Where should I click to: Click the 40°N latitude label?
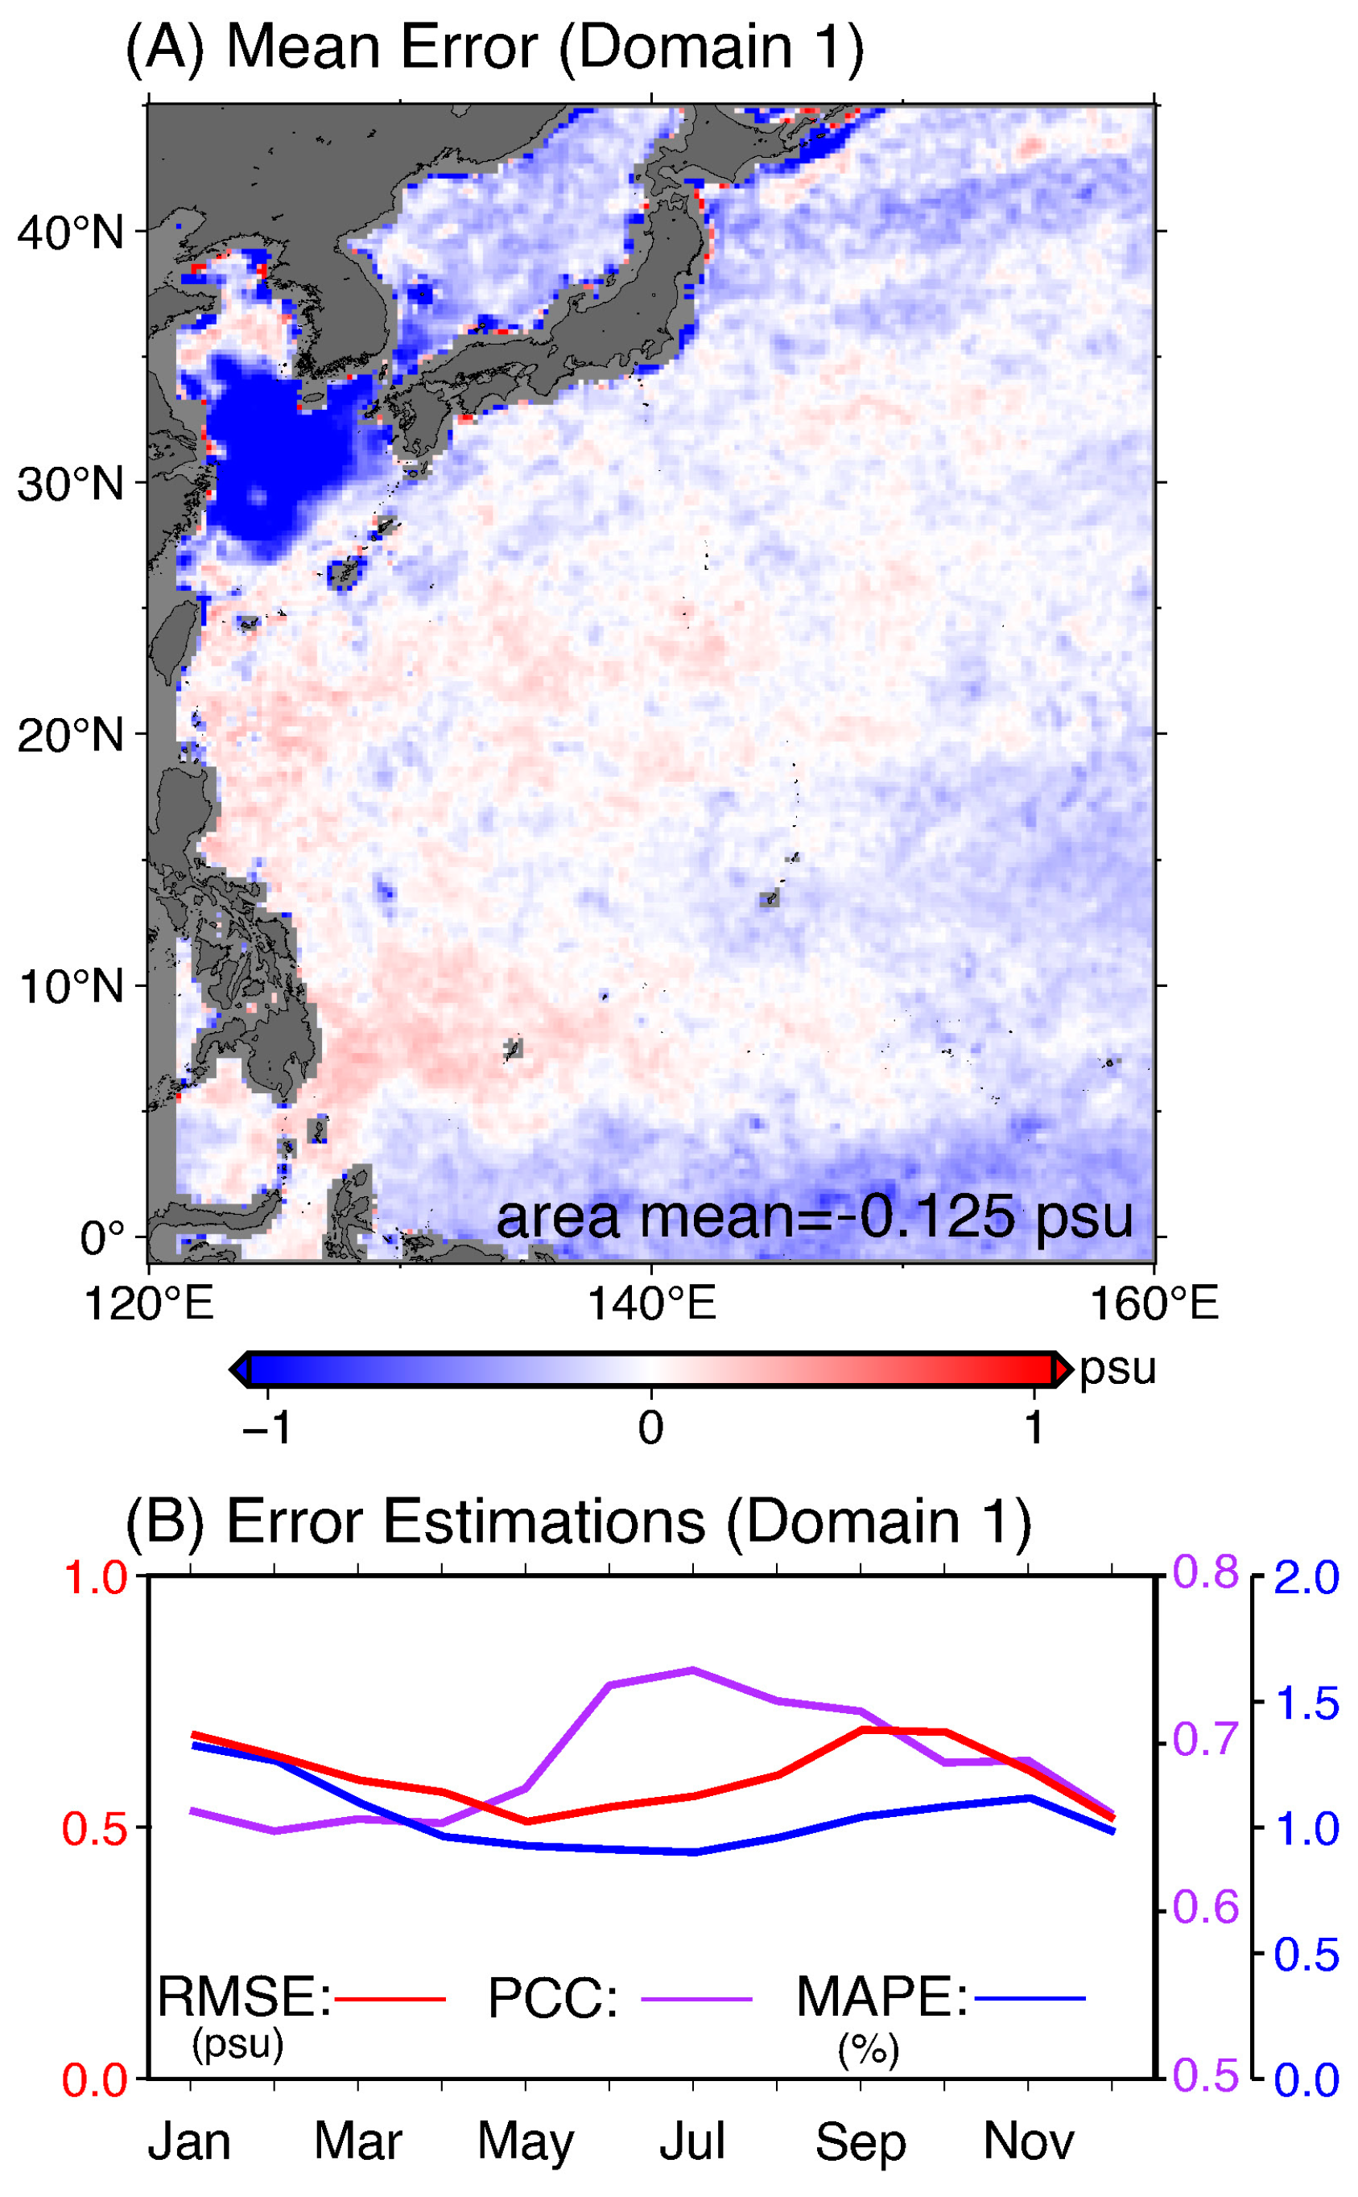coord(70,233)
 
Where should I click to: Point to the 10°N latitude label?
coord(70,987)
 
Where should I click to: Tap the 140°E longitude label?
coord(651,1303)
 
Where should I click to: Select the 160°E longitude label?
coord(1154,1303)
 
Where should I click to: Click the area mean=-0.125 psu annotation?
coord(814,1217)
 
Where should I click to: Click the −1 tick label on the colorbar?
coord(266,1427)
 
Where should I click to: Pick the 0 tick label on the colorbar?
coord(650,1427)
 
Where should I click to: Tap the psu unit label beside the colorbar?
coord(1117,1369)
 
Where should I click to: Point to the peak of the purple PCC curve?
coord(692,1670)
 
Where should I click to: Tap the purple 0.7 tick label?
coord(1205,1740)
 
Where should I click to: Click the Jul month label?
coord(691,2141)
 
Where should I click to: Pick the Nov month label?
coord(1029,2141)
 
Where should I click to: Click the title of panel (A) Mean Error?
coord(494,47)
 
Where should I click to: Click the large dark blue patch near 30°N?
coord(274,449)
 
